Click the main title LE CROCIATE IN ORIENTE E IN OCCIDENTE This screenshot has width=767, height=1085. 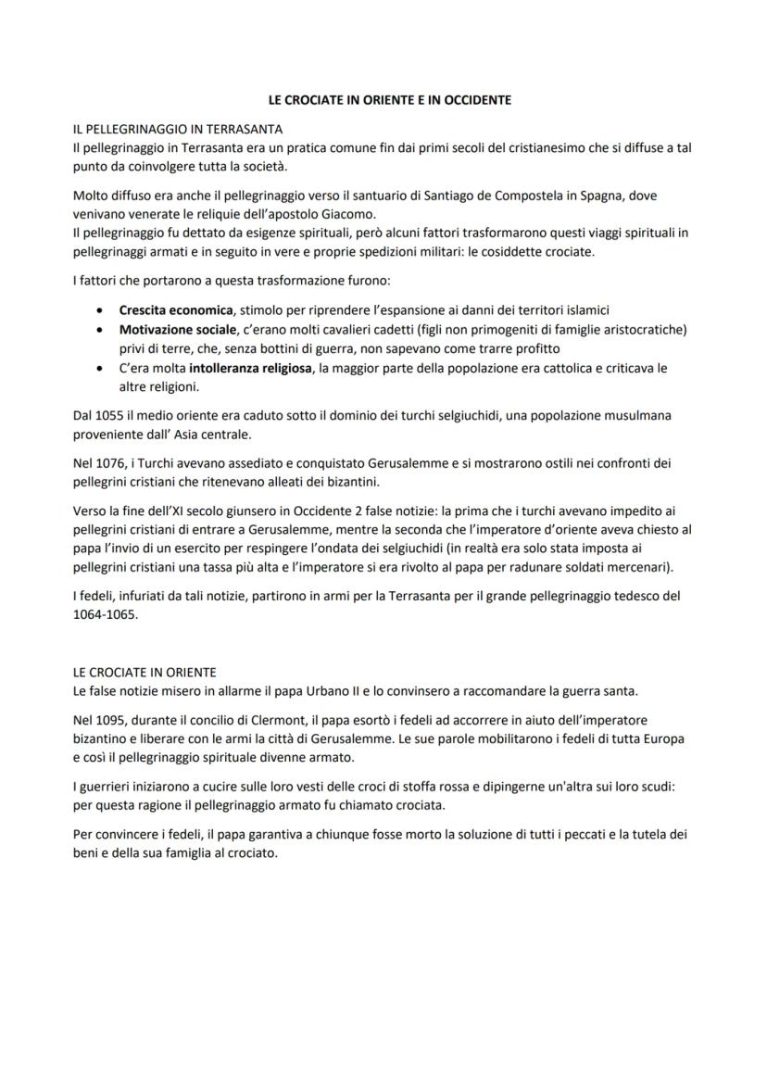pyautogui.click(x=383, y=99)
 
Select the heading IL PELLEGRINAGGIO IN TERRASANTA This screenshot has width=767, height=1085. pyautogui.click(x=177, y=128)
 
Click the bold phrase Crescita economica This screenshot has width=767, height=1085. pyautogui.click(x=174, y=310)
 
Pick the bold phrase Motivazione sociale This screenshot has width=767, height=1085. pyautogui.click(x=178, y=329)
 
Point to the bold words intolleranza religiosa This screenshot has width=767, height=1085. pyautogui.click(x=249, y=368)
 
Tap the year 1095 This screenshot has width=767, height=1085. pyautogui.click(x=109, y=720)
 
